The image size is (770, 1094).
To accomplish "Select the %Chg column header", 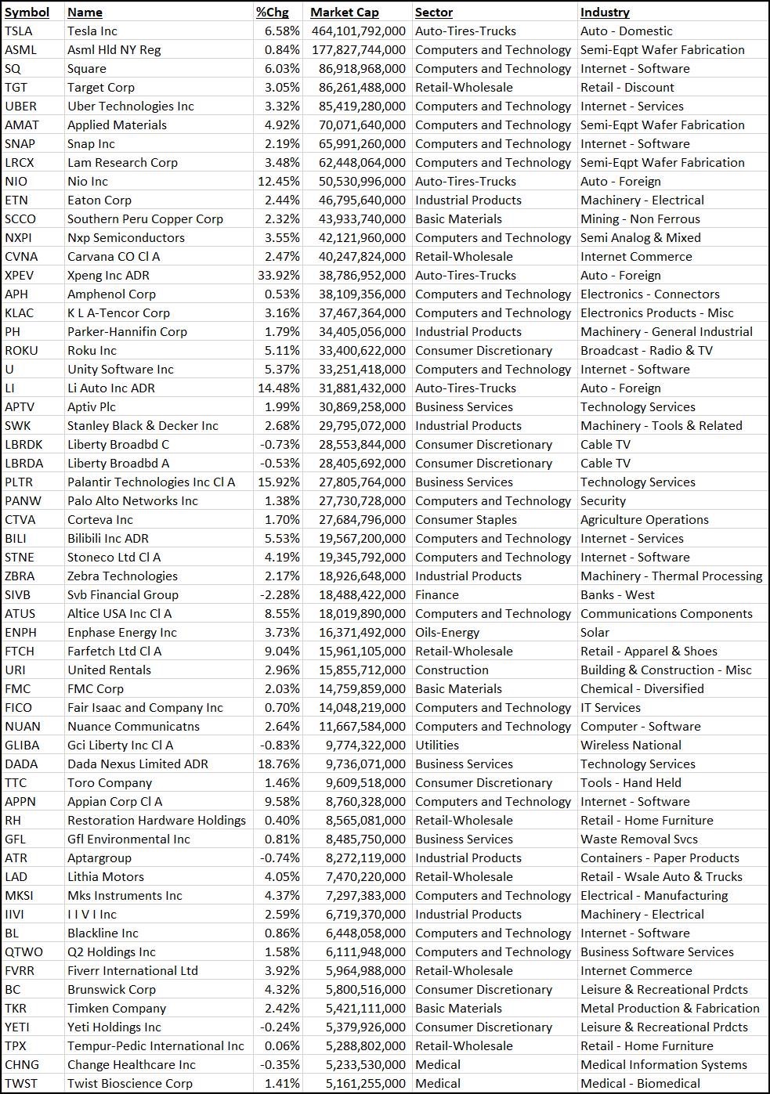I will click(x=273, y=12).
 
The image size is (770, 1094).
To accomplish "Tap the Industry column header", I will click(x=605, y=12).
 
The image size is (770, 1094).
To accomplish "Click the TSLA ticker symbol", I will click(x=19, y=31).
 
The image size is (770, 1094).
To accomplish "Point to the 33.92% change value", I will click(x=279, y=276).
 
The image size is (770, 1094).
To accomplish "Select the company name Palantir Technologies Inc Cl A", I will click(x=151, y=482).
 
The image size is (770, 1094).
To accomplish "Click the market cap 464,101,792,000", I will click(x=358, y=31).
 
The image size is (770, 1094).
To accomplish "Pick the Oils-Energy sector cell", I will click(x=447, y=633).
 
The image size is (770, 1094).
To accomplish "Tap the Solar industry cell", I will click(x=595, y=633).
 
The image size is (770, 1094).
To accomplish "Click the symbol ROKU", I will click(x=21, y=351).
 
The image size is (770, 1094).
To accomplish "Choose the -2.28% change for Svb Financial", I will click(x=280, y=595).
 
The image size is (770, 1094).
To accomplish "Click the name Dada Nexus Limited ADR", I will click(x=138, y=764).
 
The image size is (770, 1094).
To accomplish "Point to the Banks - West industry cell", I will click(x=617, y=595).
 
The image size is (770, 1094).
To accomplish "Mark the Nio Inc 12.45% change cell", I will click(x=279, y=182).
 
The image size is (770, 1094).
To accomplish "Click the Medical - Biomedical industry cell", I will click(x=640, y=1084).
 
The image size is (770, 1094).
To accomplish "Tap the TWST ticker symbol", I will click(x=21, y=1084).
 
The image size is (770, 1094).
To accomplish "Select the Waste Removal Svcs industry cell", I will click(x=639, y=839).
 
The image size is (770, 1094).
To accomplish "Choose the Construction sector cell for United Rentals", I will click(x=452, y=670).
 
